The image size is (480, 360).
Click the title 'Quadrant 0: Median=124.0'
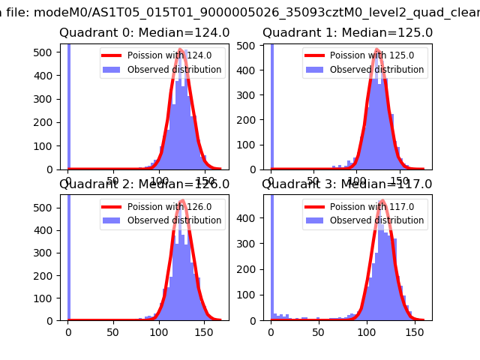pos(145,33)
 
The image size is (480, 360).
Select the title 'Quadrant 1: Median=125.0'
pos(347,33)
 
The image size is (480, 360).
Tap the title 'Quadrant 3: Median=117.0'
pos(347,184)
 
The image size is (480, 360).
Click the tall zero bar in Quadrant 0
pos(68,105)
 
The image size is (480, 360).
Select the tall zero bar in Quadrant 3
pos(271,255)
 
